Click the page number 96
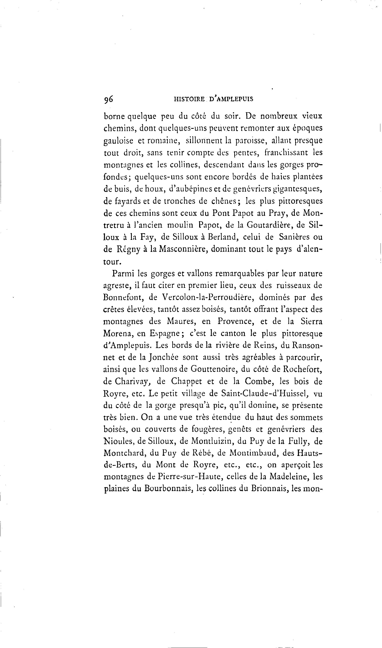108,99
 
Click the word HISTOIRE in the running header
189,99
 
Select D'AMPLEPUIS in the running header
231,99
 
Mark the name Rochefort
302,369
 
